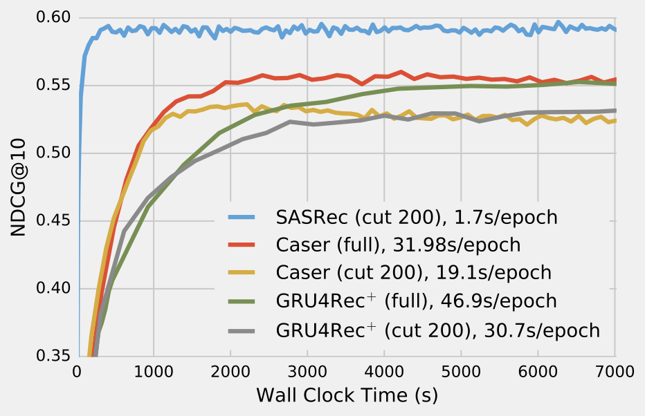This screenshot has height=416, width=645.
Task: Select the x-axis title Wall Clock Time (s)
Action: (x=346, y=395)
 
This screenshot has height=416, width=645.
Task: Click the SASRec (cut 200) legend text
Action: (x=416, y=217)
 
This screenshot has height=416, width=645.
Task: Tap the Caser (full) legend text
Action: (x=398, y=245)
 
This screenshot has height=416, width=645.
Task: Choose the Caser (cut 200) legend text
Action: (x=413, y=272)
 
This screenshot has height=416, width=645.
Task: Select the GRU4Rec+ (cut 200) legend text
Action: (x=437, y=330)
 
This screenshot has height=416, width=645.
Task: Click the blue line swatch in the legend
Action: (x=243, y=217)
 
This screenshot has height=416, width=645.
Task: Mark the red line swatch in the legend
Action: (x=243, y=245)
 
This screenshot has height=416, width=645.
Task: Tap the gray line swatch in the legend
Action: (x=243, y=330)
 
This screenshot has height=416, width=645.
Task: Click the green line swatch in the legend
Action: (x=243, y=302)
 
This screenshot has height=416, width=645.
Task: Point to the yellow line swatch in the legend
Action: (x=243, y=273)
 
